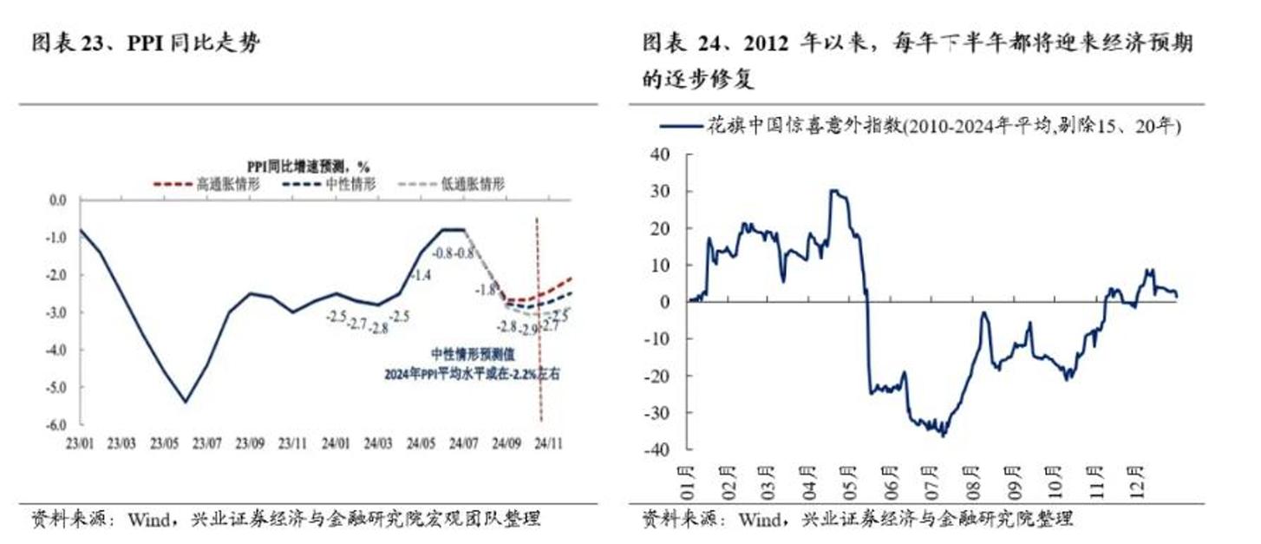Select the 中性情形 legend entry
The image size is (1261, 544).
coord(350,183)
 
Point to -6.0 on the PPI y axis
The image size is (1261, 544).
coord(56,424)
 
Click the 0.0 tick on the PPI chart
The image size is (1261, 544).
coord(57,200)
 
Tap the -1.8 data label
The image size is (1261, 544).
coord(486,290)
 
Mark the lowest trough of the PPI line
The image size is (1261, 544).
coord(186,402)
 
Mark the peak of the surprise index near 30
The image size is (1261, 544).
coord(834,190)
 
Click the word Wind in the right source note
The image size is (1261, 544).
coord(761,520)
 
